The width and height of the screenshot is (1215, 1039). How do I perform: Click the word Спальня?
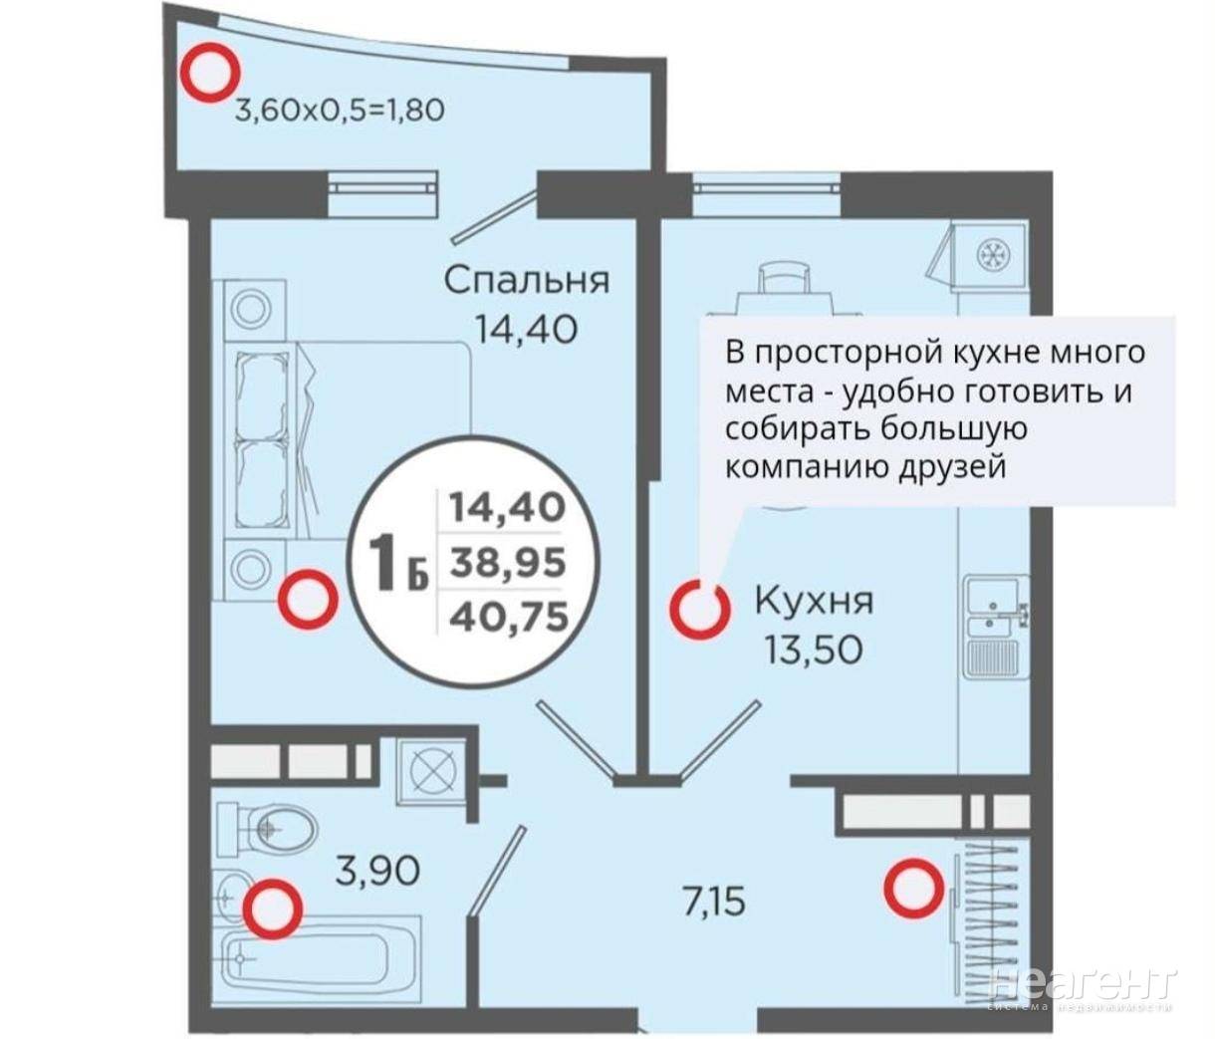pyautogui.click(x=526, y=281)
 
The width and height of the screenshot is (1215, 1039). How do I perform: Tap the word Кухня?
pyautogui.click(x=814, y=601)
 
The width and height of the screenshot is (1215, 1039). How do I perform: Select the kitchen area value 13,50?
pyautogui.click(x=813, y=649)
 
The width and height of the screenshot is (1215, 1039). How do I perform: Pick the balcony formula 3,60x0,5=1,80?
pyautogui.click(x=340, y=110)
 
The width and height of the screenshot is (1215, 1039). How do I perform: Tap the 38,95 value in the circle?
pyautogui.click(x=507, y=563)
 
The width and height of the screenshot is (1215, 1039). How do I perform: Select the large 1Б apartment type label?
pyautogui.click(x=397, y=562)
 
